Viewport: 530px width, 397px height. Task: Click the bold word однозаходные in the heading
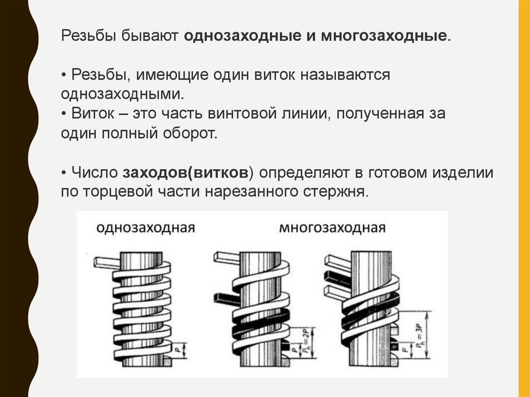coord(243,36)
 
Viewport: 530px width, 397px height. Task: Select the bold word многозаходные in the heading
coord(384,36)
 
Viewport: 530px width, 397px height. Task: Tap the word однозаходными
coord(122,94)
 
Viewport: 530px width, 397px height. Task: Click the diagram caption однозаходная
coord(145,228)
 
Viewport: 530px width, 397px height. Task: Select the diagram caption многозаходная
coord(332,228)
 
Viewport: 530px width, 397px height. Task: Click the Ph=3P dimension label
coord(419,332)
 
